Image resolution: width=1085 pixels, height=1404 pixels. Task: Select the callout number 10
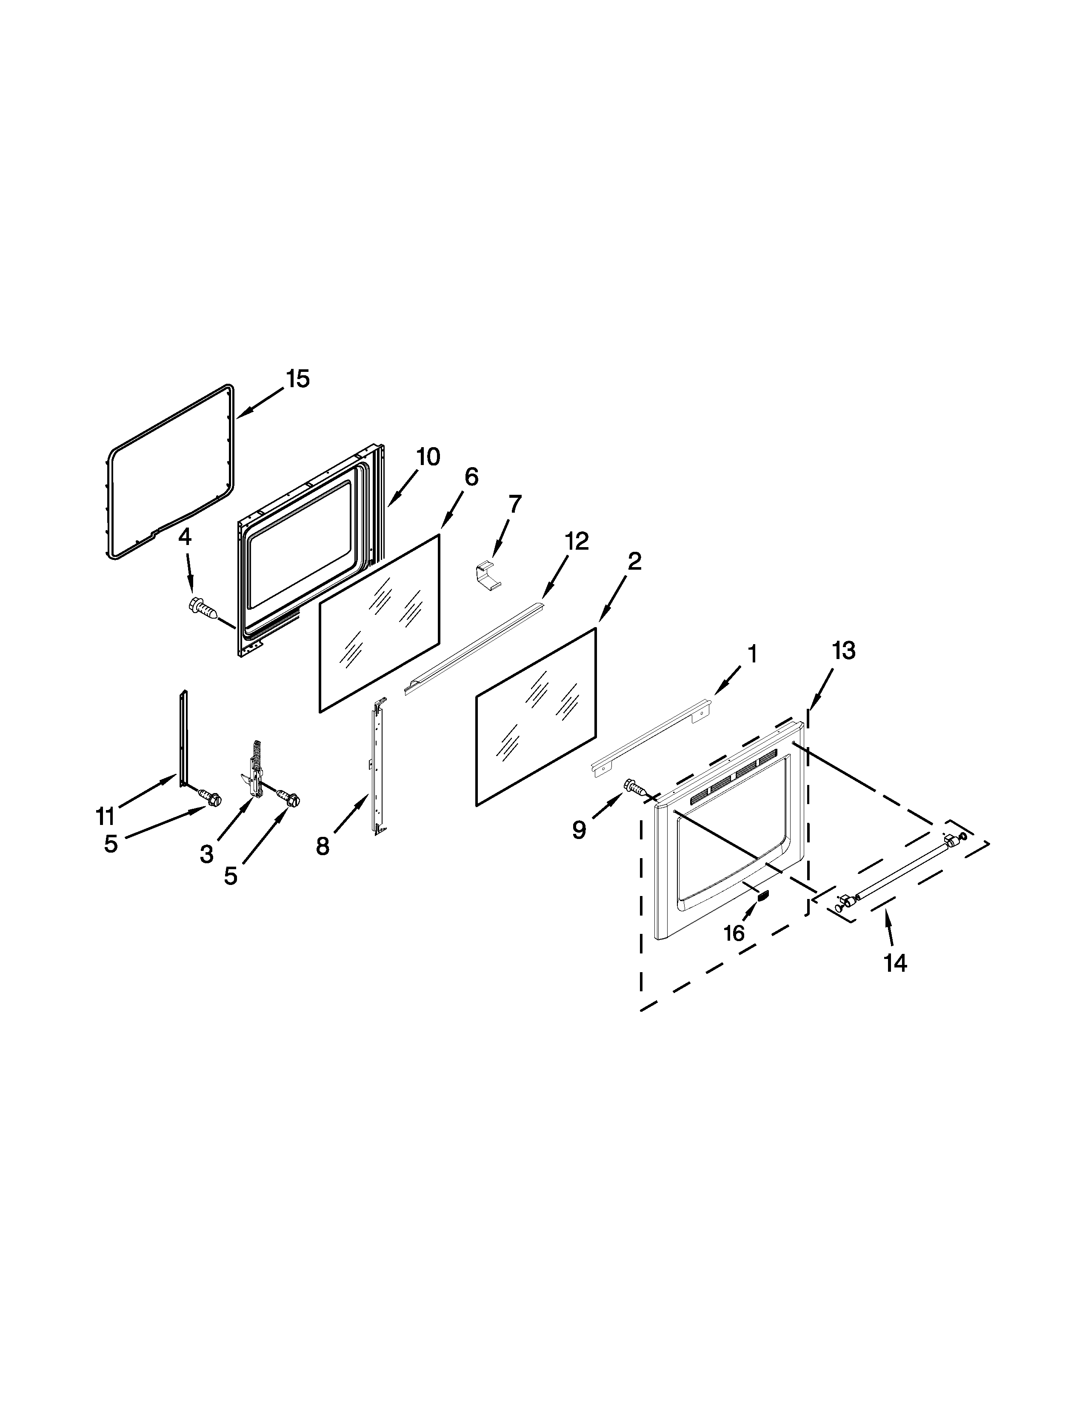[x=428, y=457]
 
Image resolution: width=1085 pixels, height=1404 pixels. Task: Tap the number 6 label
[x=471, y=477]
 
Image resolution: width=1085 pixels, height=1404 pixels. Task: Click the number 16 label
[x=734, y=933]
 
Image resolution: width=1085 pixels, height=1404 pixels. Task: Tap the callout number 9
[x=579, y=830]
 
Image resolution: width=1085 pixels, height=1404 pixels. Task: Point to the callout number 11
[x=105, y=816]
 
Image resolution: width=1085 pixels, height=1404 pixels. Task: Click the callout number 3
[x=206, y=854]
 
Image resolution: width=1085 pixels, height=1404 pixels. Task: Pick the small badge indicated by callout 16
[x=763, y=896]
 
